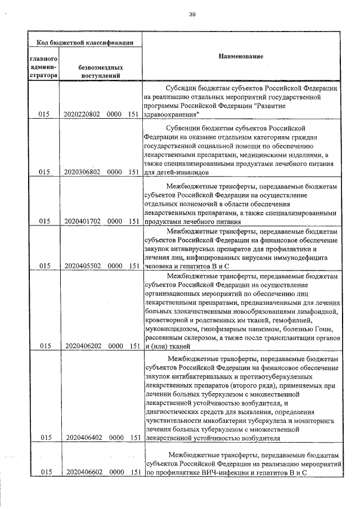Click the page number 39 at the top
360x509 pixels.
192,14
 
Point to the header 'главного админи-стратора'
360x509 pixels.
42,66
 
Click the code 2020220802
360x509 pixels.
82,114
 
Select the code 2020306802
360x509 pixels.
82,172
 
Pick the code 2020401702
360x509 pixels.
82,222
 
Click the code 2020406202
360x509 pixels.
82,346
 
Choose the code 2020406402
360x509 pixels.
82,437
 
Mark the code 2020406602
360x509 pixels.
82,472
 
